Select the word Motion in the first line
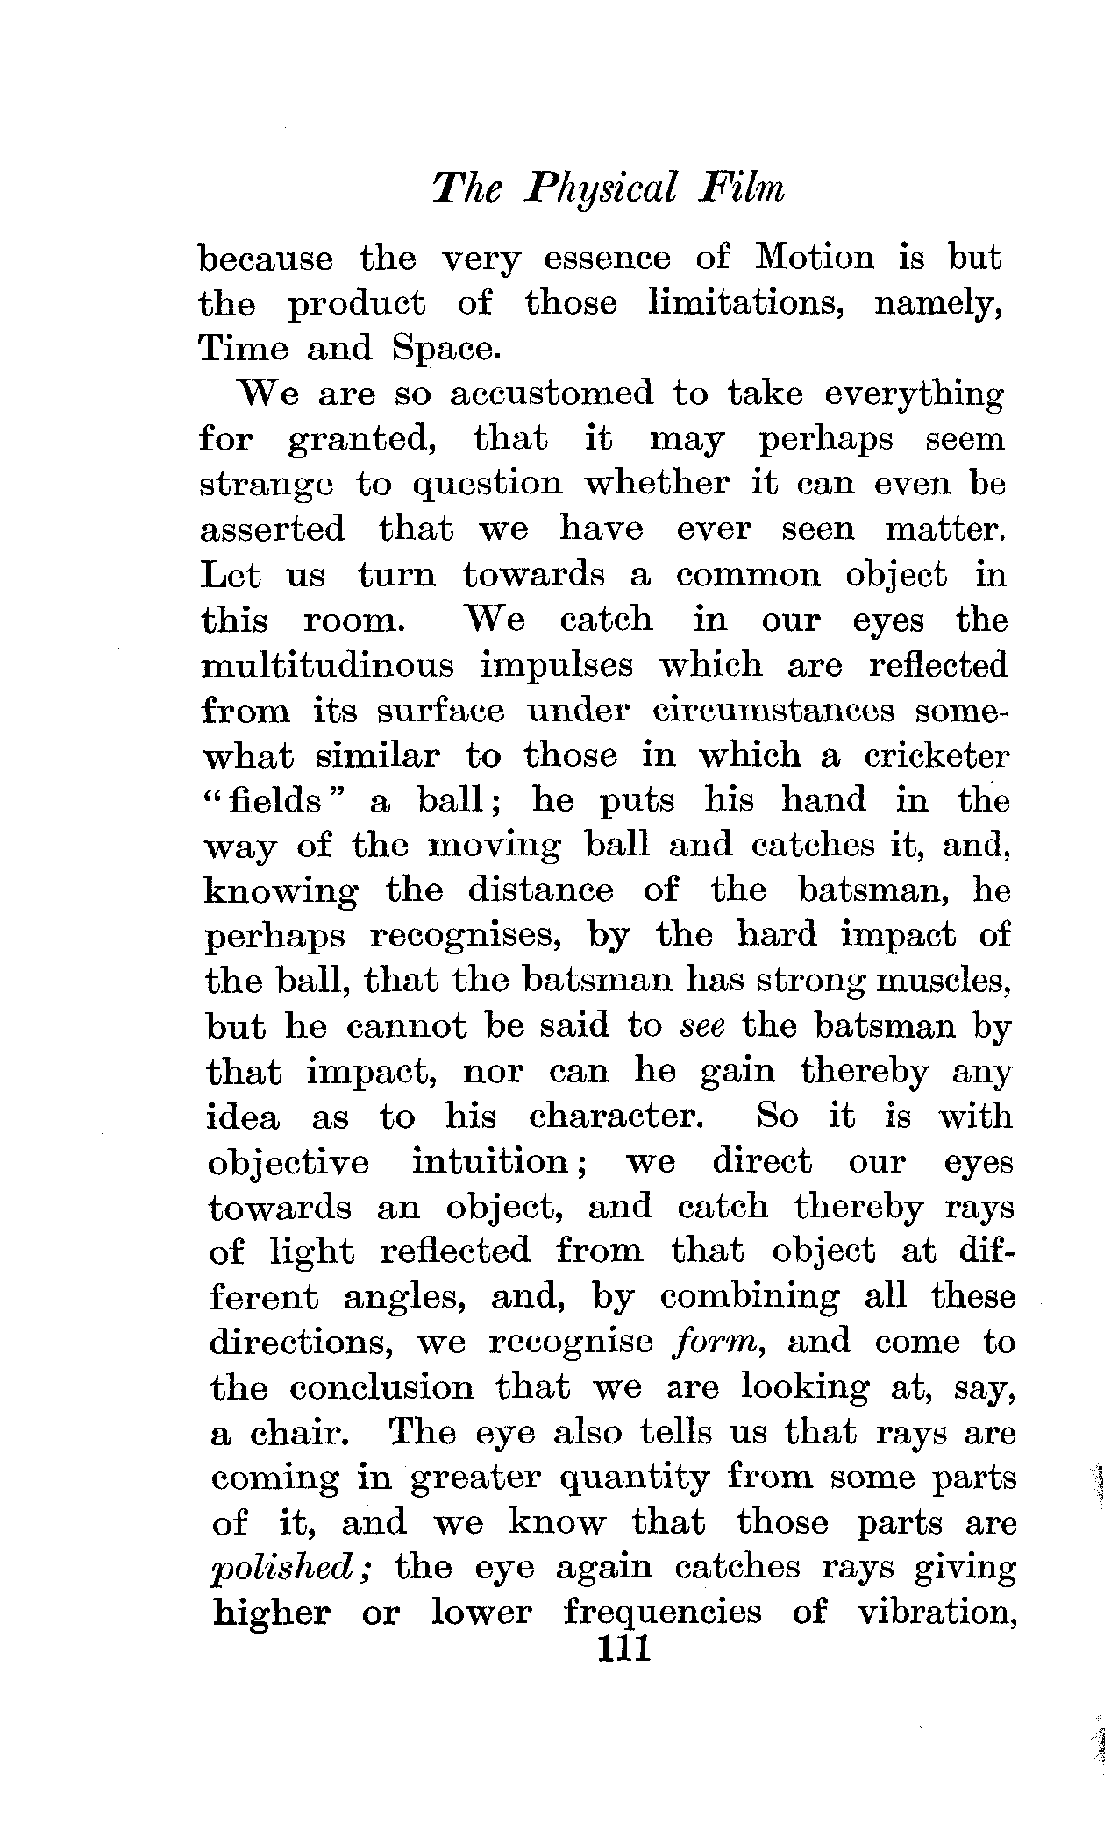coord(815,259)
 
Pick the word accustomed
coord(552,394)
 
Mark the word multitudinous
coord(328,666)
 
